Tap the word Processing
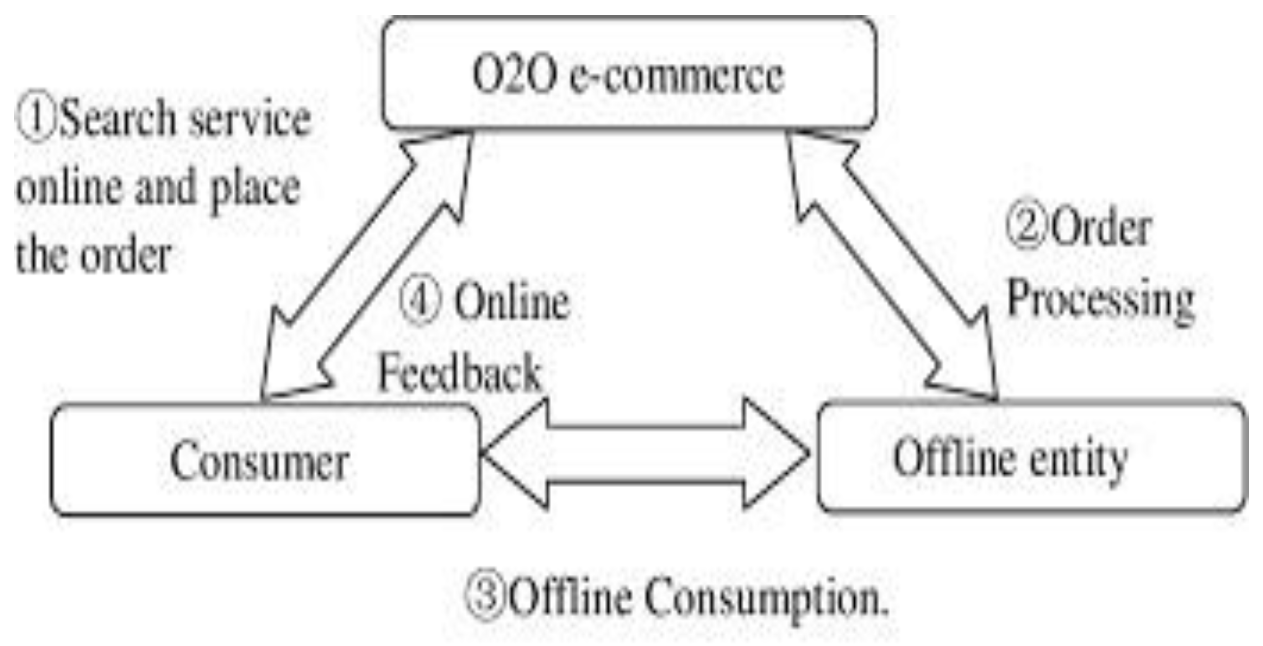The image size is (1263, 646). click(1100, 299)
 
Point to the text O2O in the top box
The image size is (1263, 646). click(514, 75)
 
